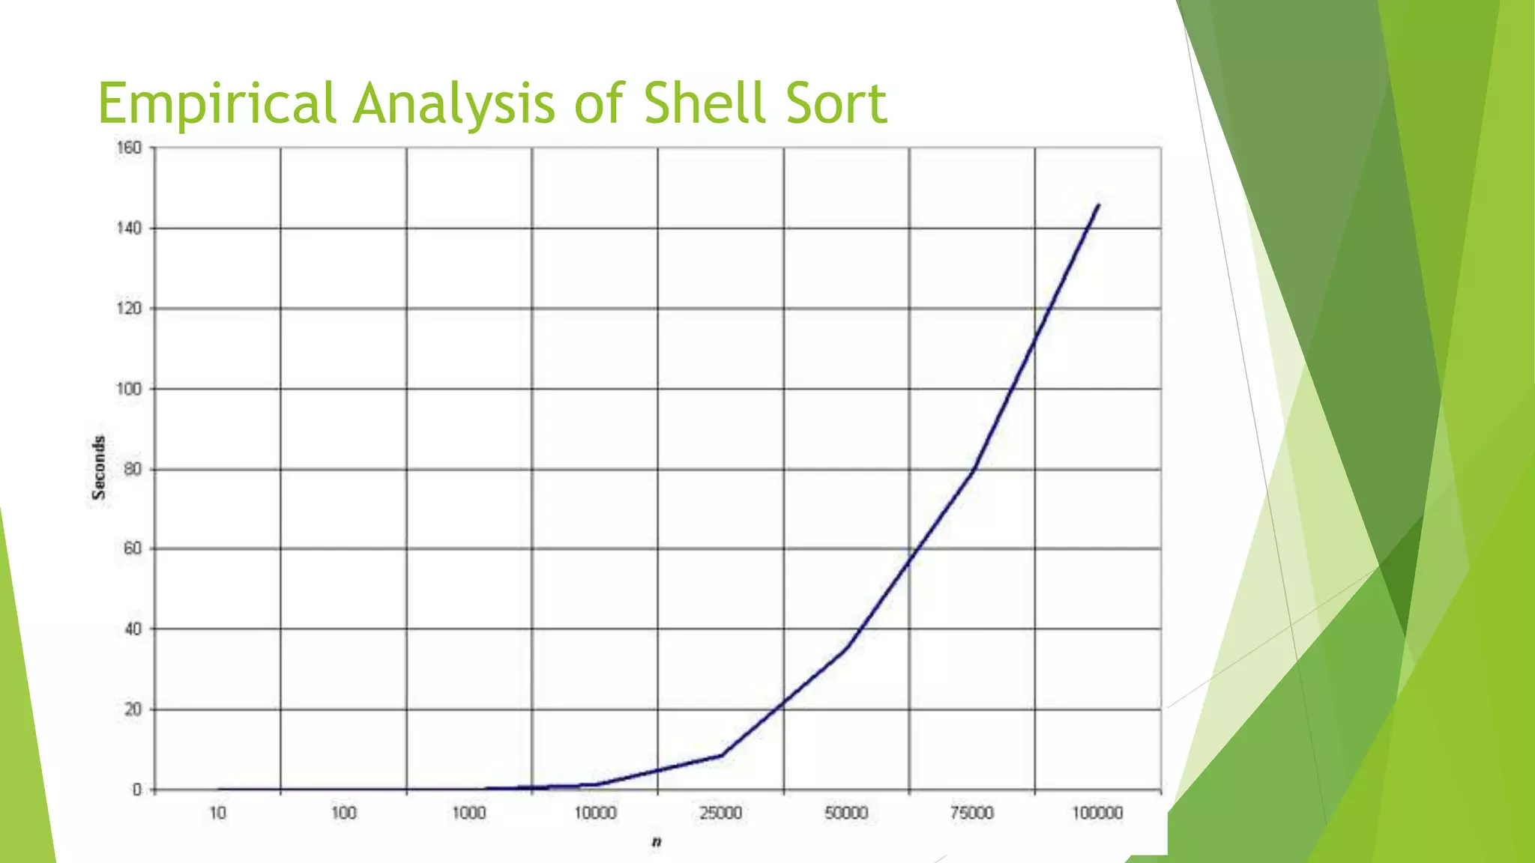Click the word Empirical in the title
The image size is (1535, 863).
pos(217,103)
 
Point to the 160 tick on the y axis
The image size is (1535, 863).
pos(129,148)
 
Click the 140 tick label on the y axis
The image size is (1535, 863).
pos(129,228)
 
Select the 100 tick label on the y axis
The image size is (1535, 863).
pos(129,389)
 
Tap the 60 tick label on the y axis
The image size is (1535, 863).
pos(133,548)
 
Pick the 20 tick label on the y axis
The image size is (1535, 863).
pos(133,709)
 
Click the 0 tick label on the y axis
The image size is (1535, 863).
pos(137,790)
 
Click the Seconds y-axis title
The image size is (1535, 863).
pos(99,467)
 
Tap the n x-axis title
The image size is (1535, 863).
pos(657,842)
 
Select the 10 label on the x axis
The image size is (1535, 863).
pos(217,813)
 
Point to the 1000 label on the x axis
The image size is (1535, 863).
pos(469,813)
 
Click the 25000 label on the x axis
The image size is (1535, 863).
pos(720,813)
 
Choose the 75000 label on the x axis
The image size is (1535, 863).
pos(972,813)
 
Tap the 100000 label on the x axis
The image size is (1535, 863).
pos(1097,813)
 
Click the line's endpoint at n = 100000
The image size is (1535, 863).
pos(1098,205)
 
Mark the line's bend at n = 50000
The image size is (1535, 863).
pos(847,647)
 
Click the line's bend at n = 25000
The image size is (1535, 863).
pos(721,755)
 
